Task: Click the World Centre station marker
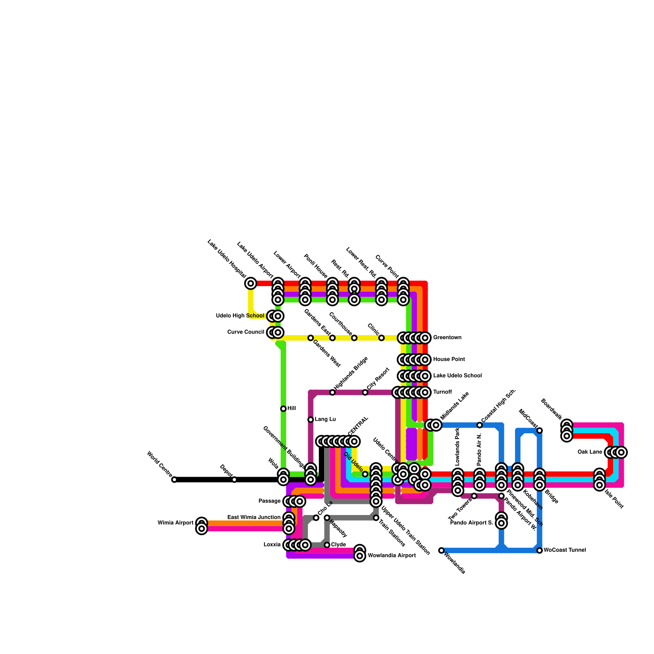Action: pos(174,479)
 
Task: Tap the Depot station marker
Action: pos(234,479)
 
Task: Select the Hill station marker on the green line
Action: pos(283,409)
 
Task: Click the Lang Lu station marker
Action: pos(311,419)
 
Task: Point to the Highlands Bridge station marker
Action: pos(332,392)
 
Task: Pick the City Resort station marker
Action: pos(365,392)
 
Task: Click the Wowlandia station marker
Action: pos(441,550)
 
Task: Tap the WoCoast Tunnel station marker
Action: pos(540,550)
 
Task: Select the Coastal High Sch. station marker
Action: pos(479,425)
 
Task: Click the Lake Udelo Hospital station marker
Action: pos(251,283)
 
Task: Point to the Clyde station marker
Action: pos(327,545)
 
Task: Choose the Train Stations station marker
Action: pos(376,518)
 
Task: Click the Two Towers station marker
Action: pos(474,496)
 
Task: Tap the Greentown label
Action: pos(447,338)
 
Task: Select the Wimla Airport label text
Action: pos(175,523)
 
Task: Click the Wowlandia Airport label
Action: pos(392,555)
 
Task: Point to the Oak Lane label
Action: pos(589,452)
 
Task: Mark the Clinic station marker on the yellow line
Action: pos(381,338)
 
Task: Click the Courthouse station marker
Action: pos(354,338)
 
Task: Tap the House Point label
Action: pos(449,359)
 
